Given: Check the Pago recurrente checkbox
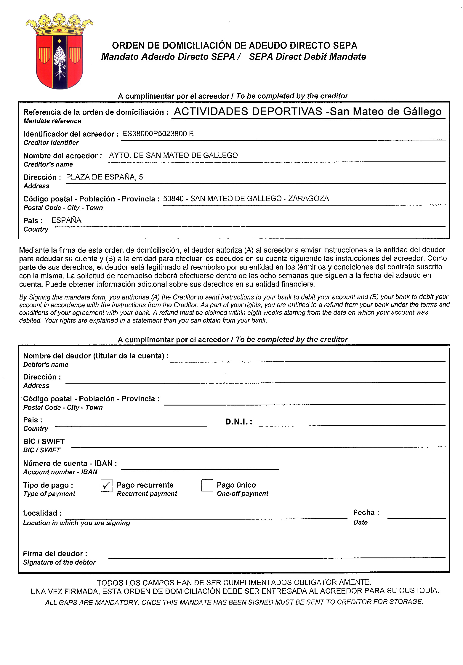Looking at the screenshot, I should [107, 485].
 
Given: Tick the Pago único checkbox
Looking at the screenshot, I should [207, 485].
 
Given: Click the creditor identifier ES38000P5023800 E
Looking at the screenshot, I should [158, 134].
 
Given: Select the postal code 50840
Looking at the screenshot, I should [173, 199].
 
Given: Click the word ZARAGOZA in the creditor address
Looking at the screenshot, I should [308, 199].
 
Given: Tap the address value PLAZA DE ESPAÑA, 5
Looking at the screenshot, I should [104, 177].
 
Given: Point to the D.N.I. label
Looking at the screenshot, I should [239, 422].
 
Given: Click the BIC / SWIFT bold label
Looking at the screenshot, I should [44, 441].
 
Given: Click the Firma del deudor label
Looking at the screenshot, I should [55, 554].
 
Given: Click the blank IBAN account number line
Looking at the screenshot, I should [200, 466].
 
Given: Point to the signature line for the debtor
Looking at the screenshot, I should [277, 555].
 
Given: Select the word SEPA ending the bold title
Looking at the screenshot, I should [345, 45].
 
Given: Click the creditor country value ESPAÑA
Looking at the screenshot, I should [66, 220].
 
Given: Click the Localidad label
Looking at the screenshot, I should [42, 513].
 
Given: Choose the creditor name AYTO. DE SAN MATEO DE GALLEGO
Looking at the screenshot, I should [173, 156].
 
